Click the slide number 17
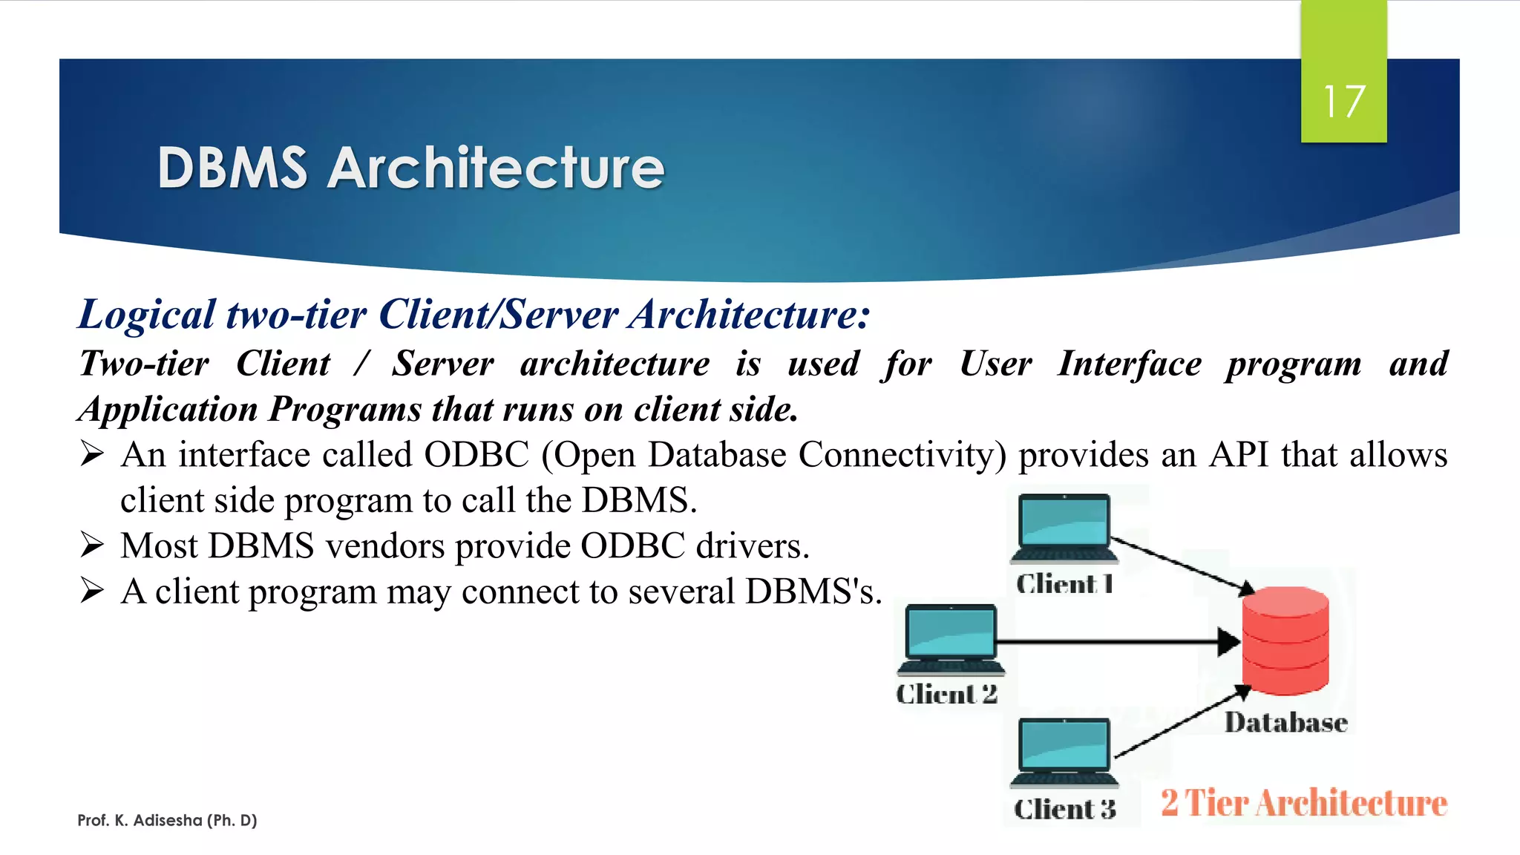point(1343,102)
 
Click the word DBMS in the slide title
point(232,168)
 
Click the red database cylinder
point(1285,641)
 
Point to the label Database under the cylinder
point(1285,722)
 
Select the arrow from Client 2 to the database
point(1113,641)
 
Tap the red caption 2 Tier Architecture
point(1304,803)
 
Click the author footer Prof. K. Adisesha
point(167,820)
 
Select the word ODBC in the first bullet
point(476,455)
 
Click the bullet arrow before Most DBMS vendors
point(92,546)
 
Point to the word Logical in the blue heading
point(146,315)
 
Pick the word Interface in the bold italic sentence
point(1129,364)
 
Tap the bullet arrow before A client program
point(92,592)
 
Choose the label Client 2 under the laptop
point(946,695)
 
